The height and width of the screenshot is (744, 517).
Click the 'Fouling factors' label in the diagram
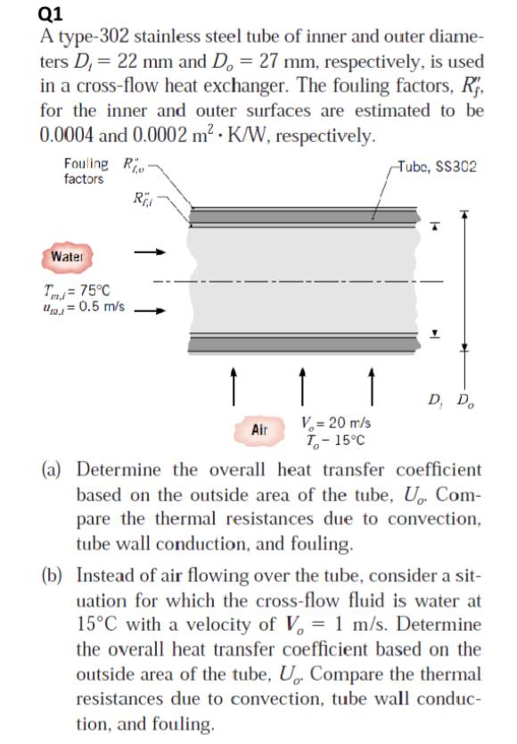[x=83, y=171]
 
